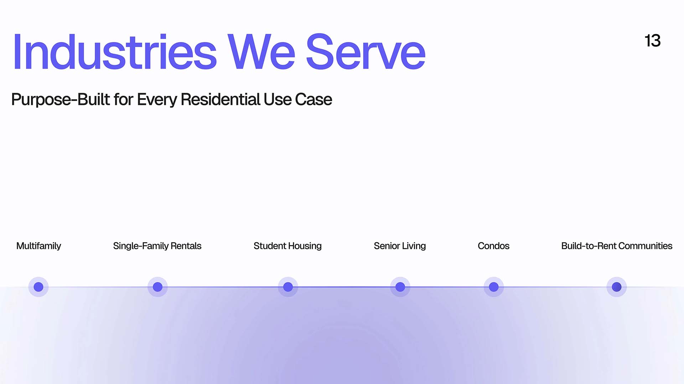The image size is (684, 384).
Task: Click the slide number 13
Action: (653, 41)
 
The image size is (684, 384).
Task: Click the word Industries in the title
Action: (115, 52)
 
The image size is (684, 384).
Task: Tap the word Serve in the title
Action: (366, 52)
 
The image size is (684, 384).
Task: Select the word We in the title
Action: (261, 52)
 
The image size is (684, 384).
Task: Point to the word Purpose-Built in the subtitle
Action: (61, 100)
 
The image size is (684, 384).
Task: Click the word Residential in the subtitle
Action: (221, 99)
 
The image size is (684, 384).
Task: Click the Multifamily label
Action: (39, 246)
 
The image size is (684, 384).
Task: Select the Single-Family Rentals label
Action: (157, 246)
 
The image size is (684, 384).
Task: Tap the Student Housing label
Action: (287, 246)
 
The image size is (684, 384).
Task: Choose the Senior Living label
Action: (400, 246)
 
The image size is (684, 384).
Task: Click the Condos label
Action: (493, 246)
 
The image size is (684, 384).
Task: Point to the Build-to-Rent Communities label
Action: (617, 246)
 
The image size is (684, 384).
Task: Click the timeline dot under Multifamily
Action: (38, 287)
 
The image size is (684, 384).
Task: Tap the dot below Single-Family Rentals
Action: (157, 287)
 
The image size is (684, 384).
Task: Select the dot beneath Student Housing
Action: (288, 287)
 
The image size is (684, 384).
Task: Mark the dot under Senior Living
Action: (400, 287)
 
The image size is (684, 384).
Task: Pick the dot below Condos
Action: (494, 287)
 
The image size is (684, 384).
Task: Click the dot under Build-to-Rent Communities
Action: (617, 287)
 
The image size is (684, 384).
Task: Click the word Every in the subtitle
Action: (157, 100)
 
